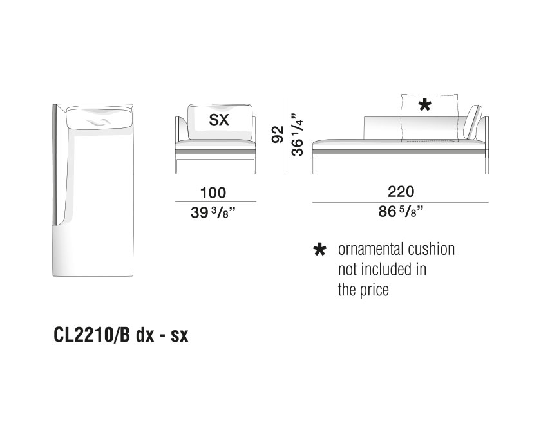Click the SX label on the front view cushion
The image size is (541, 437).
tap(219, 120)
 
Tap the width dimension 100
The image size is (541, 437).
tap(213, 192)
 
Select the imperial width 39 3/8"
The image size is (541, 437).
tap(213, 212)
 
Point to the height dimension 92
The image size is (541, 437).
tap(278, 134)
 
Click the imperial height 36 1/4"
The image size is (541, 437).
tap(297, 134)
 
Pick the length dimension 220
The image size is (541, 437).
tap(401, 192)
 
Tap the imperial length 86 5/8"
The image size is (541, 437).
tap(401, 212)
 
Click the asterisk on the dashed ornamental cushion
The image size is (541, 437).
tap(424, 104)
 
